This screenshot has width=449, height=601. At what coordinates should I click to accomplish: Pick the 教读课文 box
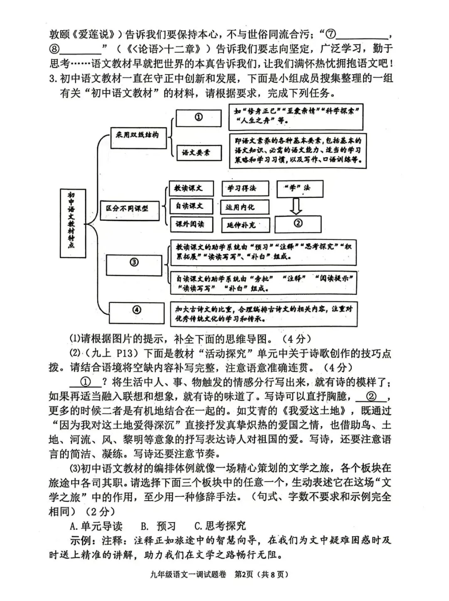tap(191, 188)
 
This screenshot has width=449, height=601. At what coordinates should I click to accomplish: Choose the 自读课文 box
tap(191, 206)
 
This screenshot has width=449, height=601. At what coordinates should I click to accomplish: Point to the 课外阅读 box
tap(191, 225)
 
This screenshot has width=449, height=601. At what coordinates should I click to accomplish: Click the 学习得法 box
tap(245, 188)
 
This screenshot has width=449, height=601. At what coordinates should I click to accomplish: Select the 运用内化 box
tap(245, 207)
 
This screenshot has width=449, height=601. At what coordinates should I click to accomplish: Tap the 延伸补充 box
tap(245, 225)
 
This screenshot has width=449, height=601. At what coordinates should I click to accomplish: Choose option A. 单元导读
tap(96, 526)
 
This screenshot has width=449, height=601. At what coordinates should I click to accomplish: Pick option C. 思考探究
tap(220, 526)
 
